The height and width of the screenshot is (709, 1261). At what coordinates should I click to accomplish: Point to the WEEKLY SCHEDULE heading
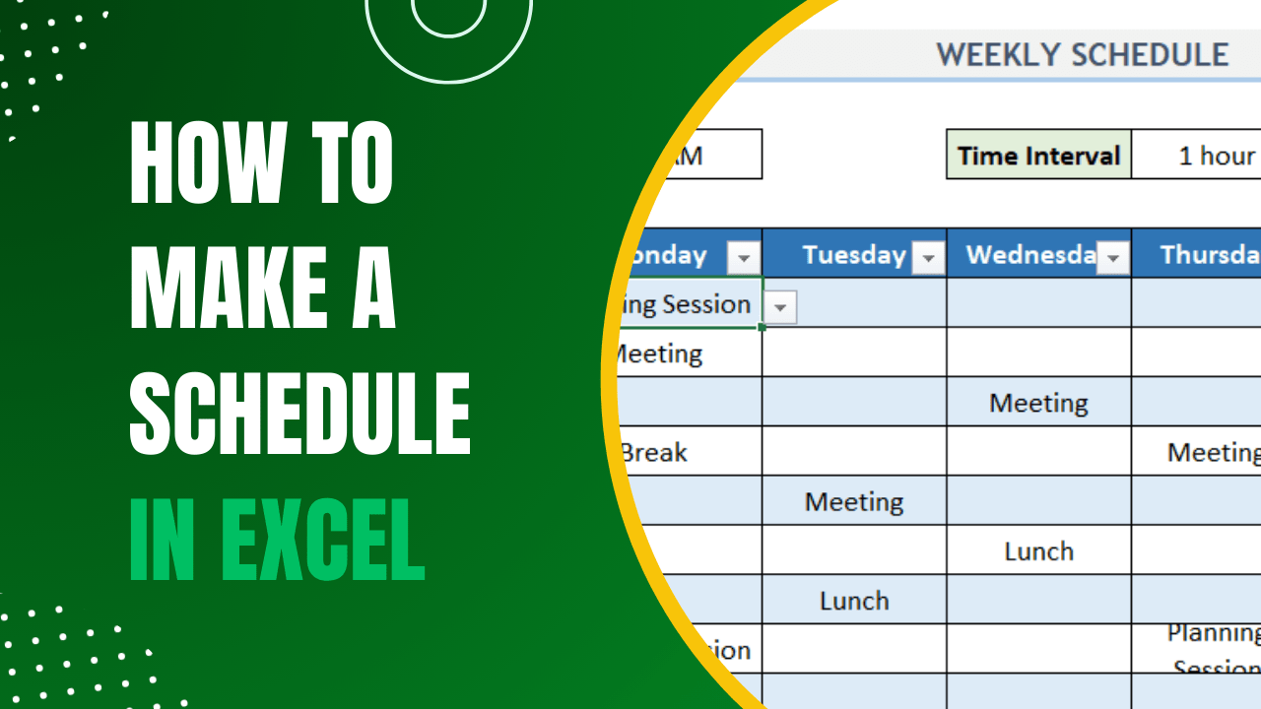tap(1082, 55)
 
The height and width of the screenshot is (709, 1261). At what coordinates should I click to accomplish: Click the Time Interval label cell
tap(1038, 156)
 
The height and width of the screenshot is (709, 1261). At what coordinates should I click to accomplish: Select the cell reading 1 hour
tap(1216, 156)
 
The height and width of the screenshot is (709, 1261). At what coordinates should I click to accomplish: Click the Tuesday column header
tap(853, 255)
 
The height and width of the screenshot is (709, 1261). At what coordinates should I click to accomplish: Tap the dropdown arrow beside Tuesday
tap(928, 258)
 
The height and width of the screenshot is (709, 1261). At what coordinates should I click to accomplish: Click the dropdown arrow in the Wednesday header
tap(1113, 258)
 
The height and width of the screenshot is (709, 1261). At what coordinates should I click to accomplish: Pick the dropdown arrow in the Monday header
tap(744, 258)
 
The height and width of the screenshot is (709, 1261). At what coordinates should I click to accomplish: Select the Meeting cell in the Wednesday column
tap(1038, 403)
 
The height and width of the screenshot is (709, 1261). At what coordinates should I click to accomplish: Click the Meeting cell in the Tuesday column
tap(853, 501)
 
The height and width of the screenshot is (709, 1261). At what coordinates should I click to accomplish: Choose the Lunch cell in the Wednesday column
tap(1038, 551)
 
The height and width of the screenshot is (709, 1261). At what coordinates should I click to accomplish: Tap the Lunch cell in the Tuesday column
tap(853, 601)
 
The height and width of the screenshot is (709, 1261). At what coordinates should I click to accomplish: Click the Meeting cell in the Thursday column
tap(1213, 452)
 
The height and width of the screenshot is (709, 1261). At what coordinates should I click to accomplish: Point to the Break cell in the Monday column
tap(654, 453)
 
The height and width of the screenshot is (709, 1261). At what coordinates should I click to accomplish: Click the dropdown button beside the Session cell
tap(779, 307)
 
